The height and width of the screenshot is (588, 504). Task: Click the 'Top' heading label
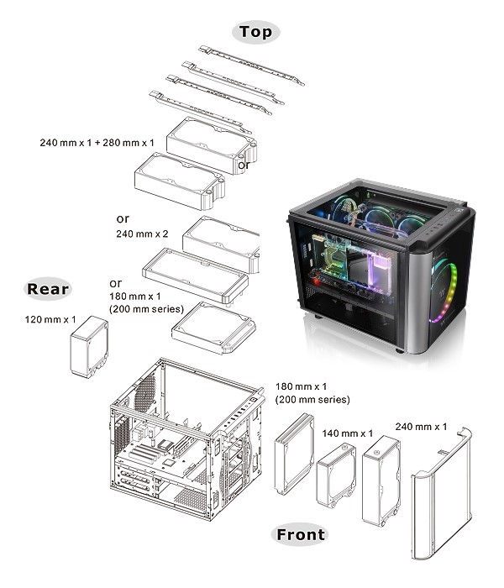pyautogui.click(x=255, y=32)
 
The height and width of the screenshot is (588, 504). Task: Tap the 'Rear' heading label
pyautogui.click(x=48, y=290)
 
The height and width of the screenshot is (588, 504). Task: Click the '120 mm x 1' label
pyautogui.click(x=51, y=321)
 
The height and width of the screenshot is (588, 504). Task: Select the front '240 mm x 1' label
pyautogui.click(x=421, y=426)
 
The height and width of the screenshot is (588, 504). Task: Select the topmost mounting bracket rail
pyautogui.click(x=249, y=65)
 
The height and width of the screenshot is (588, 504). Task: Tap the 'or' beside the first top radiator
pyautogui.click(x=244, y=165)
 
